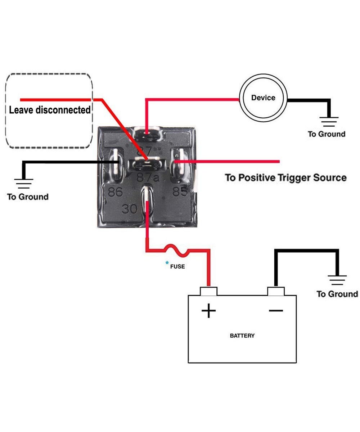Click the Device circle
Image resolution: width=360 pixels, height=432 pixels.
point(263,98)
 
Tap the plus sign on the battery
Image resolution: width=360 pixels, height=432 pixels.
point(208,310)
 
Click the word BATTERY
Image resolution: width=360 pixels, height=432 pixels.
point(242,336)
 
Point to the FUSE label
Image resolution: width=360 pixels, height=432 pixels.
point(177,267)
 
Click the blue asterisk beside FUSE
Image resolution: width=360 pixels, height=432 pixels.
point(167,264)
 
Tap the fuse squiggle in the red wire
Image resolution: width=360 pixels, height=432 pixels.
point(176,251)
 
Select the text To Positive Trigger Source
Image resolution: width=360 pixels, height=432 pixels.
point(285,177)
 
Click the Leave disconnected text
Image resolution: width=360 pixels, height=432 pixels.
point(50,110)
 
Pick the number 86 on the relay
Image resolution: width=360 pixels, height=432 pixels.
point(116,192)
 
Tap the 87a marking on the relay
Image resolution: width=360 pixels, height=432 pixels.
point(147,177)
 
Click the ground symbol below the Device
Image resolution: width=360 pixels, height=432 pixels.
point(328,122)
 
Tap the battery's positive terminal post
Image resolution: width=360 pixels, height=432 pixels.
point(208,291)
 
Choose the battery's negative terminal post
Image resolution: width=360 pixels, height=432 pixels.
point(276,291)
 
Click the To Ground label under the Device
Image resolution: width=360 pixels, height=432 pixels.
point(326,134)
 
